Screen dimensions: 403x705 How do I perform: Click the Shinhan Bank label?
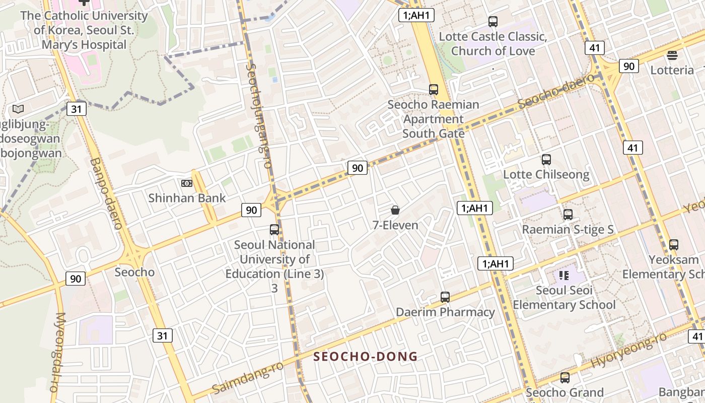tap(187, 198)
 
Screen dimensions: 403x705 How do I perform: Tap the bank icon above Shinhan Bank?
tap(187, 183)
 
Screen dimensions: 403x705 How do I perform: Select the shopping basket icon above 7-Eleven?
tap(395, 210)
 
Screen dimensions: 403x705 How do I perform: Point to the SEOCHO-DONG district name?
tap(366, 357)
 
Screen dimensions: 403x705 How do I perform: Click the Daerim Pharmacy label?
tap(445, 312)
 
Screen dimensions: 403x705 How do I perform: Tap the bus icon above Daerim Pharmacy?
tap(445, 297)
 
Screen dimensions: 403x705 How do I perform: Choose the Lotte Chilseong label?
tap(546, 175)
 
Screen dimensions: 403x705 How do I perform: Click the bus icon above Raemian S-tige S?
tap(568, 215)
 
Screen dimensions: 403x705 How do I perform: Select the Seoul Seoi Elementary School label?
tap(564, 298)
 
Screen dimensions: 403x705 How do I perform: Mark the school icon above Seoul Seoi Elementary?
tap(564, 275)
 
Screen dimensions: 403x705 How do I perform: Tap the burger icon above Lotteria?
tap(672, 55)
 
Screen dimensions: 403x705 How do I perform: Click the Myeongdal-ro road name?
tap(58, 352)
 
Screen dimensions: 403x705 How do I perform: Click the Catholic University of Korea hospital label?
tap(84, 30)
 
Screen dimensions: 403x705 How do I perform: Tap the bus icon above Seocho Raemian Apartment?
tap(434, 90)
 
